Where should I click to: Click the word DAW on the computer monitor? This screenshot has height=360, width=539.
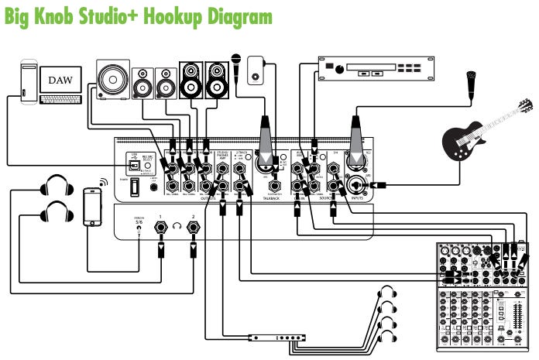coord(60,81)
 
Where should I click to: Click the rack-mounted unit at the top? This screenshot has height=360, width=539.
coord(375,68)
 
